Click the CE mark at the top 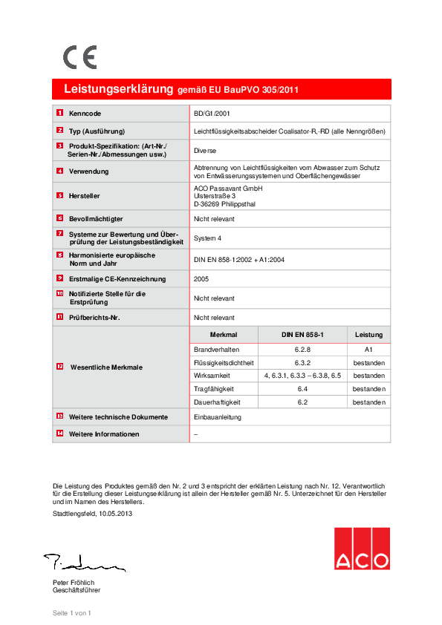79,56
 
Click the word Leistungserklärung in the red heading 118,89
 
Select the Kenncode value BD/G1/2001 212,114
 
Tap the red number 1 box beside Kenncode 59,114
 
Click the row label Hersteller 85,196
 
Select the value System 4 208,238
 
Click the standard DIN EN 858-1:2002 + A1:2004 238,260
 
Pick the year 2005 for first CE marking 201,279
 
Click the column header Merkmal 223,335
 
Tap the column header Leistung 368,335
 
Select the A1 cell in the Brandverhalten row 368,349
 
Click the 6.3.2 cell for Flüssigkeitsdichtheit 302,362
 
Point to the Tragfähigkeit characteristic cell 214,388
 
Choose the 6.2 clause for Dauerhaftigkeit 302,402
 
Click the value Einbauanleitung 215,417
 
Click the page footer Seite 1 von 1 71,612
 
